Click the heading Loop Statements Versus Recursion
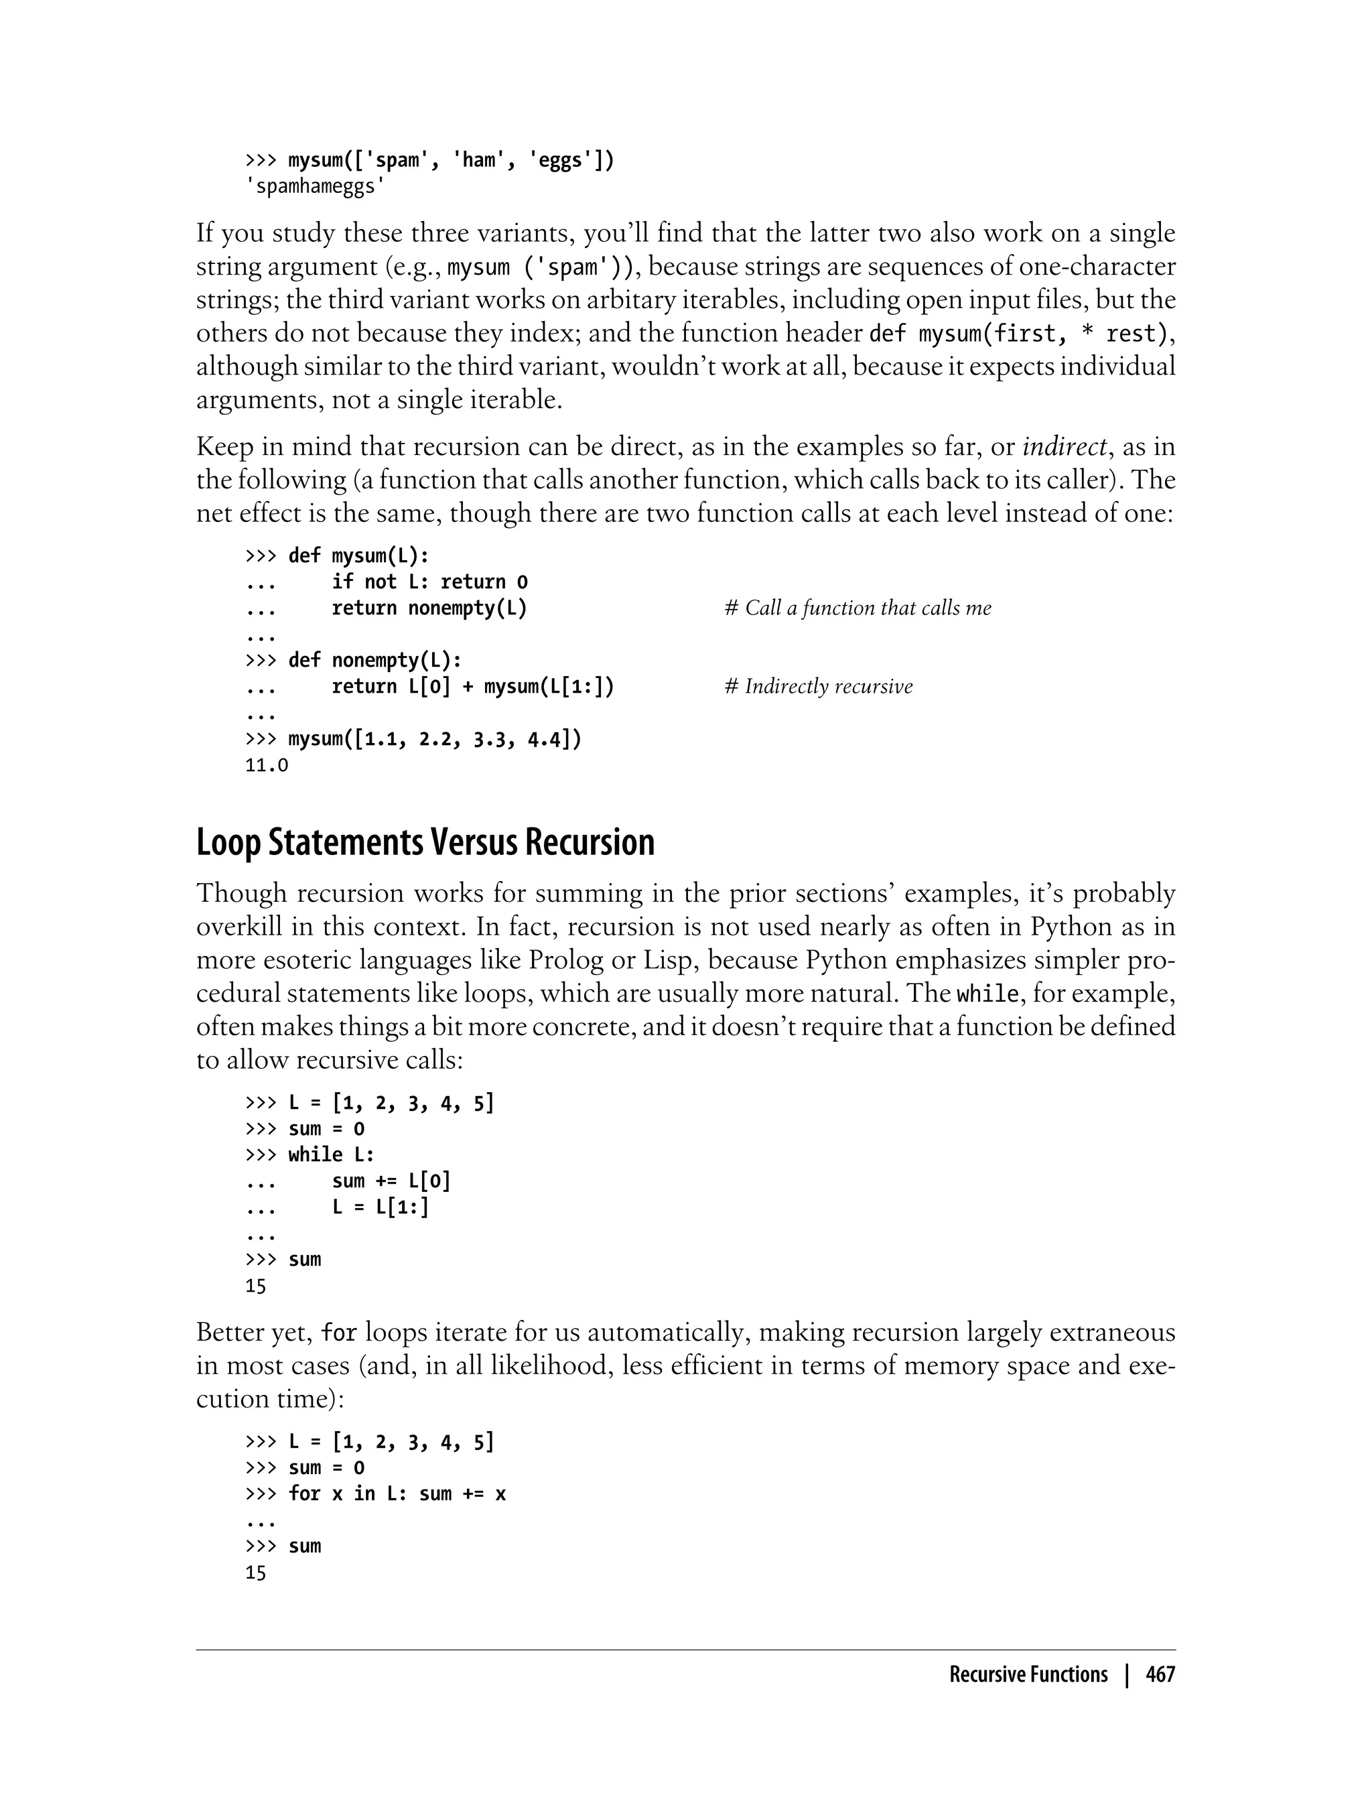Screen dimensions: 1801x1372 pyautogui.click(x=425, y=843)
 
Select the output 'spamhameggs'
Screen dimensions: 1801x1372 pyautogui.click(x=316, y=187)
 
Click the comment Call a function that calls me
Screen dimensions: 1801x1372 pyautogui.click(x=857, y=608)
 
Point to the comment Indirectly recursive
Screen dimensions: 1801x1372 pyautogui.click(x=818, y=687)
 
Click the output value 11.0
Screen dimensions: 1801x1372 pyautogui.click(x=266, y=766)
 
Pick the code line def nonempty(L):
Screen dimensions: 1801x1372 pyautogui.click(x=375, y=660)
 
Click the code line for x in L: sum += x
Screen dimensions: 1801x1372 pyautogui.click(x=397, y=1494)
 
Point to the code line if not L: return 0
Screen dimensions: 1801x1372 pyautogui.click(x=429, y=582)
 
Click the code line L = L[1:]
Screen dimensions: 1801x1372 pyautogui.click(x=380, y=1207)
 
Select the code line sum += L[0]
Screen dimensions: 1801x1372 pyautogui.click(x=391, y=1181)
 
